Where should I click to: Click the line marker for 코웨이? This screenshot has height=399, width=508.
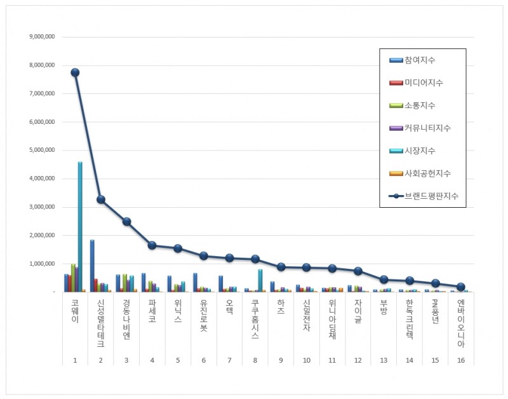coord(75,72)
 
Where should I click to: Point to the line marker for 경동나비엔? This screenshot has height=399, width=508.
coord(127,222)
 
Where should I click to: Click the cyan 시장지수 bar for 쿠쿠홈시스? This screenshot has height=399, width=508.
coord(260,280)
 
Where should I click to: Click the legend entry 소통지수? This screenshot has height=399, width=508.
coord(420,105)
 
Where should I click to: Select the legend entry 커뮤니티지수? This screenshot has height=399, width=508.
coord(427,128)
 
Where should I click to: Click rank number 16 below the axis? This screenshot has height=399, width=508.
coord(461,360)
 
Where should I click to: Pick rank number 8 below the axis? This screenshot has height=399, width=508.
coord(255,360)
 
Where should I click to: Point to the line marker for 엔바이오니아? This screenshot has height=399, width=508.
coord(461,287)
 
